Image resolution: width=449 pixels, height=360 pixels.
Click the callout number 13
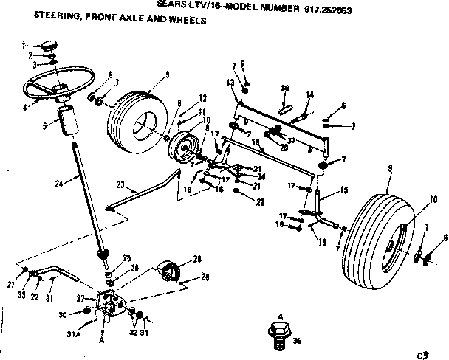[230, 82]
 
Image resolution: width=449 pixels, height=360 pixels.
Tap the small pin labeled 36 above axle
[284, 102]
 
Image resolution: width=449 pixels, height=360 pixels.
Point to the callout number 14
[310, 94]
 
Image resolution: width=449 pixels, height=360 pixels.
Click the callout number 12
[202, 98]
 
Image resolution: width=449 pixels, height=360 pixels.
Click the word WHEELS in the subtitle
[187, 20]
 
